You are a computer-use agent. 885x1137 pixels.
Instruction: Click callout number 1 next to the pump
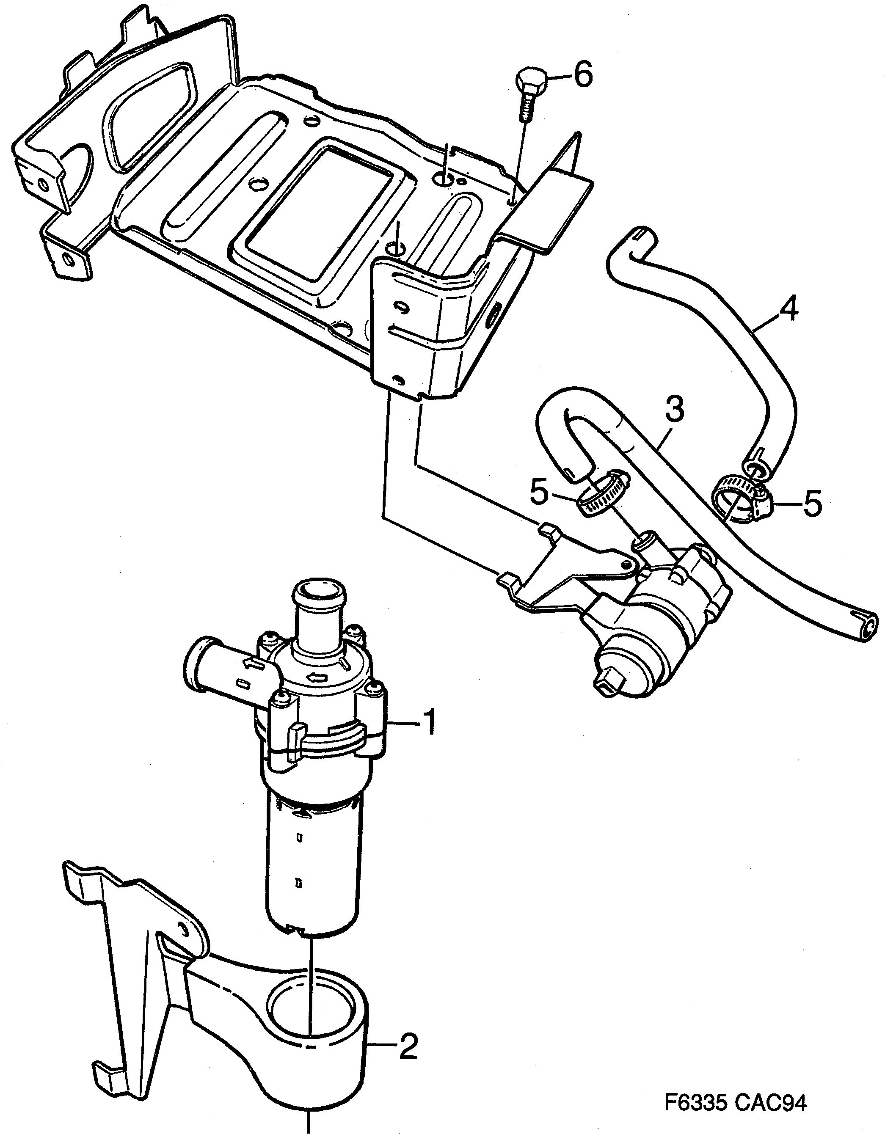pos(430,723)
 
